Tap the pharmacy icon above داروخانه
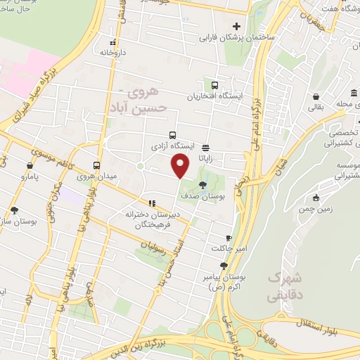pyautogui.click(x=108, y=40)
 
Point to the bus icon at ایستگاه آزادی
pyautogui.click(x=173, y=135)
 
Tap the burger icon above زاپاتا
pyautogui.click(x=205, y=148)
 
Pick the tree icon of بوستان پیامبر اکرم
pyautogui.click(x=224, y=266)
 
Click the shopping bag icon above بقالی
pyautogui.click(x=316, y=96)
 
